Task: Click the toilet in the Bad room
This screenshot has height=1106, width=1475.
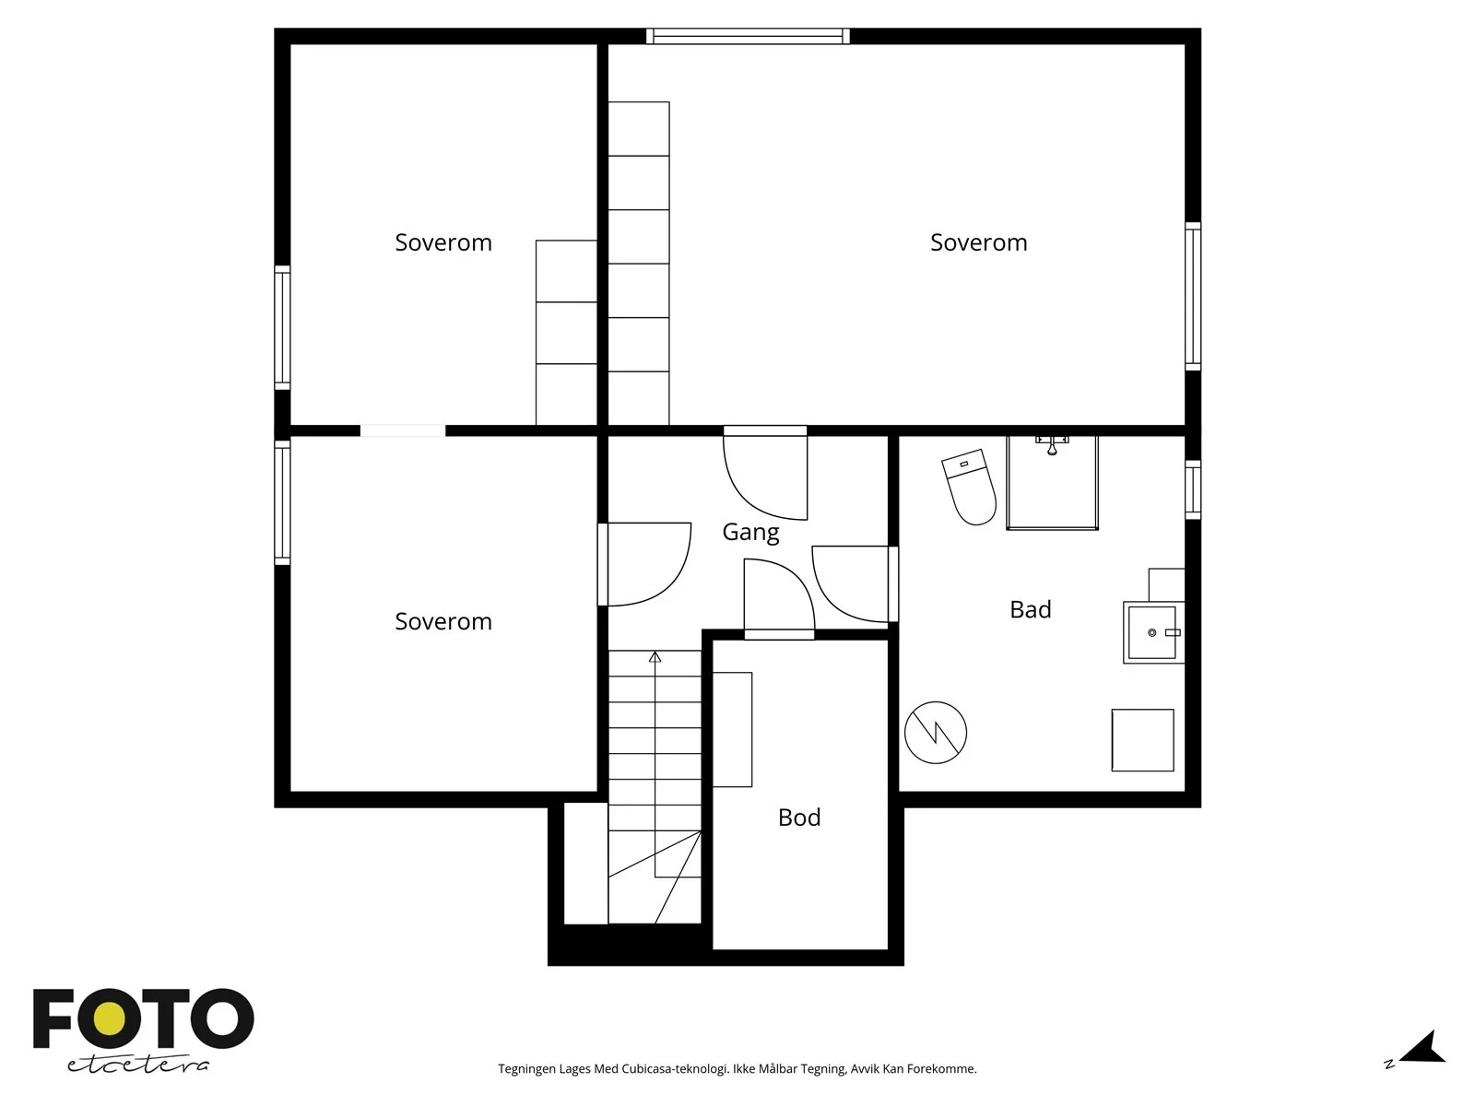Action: (969, 487)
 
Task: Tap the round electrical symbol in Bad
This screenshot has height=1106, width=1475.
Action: (936, 733)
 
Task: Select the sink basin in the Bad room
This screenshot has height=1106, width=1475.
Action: (1153, 632)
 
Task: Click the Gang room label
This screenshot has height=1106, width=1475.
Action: (750, 532)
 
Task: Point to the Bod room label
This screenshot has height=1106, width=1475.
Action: (799, 818)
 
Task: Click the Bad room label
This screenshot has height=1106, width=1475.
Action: (1030, 610)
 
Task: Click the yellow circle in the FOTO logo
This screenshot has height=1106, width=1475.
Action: (110, 1019)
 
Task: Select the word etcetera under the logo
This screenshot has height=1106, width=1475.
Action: (137, 1065)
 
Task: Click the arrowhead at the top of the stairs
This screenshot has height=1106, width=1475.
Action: (655, 657)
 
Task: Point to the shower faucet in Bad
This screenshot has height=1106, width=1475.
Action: (1053, 444)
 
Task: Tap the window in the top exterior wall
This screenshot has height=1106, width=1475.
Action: (748, 36)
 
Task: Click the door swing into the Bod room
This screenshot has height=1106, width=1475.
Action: (780, 597)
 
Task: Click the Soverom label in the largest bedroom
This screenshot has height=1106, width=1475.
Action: (978, 242)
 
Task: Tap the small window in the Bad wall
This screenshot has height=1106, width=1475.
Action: (1193, 489)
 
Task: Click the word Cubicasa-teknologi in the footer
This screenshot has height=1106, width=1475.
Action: (675, 1068)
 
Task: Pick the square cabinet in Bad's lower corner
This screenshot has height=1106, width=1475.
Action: (1142, 740)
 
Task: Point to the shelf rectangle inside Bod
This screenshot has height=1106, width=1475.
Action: (733, 729)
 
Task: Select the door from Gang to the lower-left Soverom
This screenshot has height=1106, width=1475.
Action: (645, 564)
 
